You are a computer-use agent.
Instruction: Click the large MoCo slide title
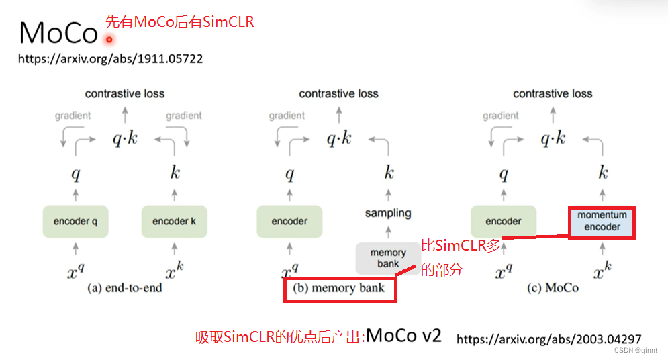pyautogui.click(x=59, y=32)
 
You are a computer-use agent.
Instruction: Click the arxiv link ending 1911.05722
pyautogui.click(x=110, y=59)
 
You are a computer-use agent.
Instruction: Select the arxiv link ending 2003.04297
pyautogui.click(x=548, y=339)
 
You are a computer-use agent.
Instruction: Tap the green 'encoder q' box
pyautogui.click(x=76, y=222)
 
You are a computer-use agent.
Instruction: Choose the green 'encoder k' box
pyautogui.click(x=175, y=222)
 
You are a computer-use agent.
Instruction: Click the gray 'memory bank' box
pyautogui.click(x=388, y=258)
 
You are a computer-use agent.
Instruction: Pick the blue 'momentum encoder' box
pyautogui.click(x=602, y=221)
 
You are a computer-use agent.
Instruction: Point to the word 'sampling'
pyautogui.click(x=388, y=213)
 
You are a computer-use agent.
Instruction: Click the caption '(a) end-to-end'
pyautogui.click(x=125, y=288)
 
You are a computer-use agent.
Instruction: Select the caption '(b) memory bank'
pyautogui.click(x=340, y=288)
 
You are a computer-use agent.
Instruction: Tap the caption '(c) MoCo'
pyautogui.click(x=553, y=288)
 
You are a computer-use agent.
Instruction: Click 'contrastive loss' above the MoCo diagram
pyautogui.click(x=553, y=94)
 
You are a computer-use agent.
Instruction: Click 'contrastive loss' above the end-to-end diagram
pyautogui.click(x=125, y=94)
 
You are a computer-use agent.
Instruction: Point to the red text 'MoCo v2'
pyautogui.click(x=404, y=335)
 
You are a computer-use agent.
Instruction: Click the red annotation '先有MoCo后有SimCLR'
pyautogui.click(x=180, y=22)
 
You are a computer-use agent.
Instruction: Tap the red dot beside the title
pyautogui.click(x=109, y=39)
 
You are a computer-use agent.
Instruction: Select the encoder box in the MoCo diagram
pyautogui.click(x=504, y=222)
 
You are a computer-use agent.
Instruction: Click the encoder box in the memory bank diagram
pyautogui.click(x=290, y=222)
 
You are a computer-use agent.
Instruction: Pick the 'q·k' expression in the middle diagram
pyautogui.click(x=339, y=139)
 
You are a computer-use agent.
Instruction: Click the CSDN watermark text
pyautogui.click(x=638, y=351)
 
